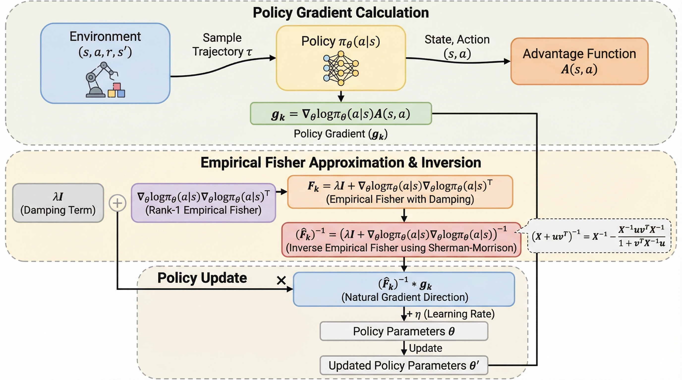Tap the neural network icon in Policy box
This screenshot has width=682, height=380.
[x=341, y=69]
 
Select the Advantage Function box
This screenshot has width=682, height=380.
[x=579, y=61]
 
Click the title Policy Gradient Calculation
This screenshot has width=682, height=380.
[x=341, y=12]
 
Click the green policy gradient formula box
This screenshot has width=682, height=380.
[x=341, y=114]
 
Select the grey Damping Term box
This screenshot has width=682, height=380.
[x=58, y=203]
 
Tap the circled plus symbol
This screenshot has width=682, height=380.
[x=117, y=203]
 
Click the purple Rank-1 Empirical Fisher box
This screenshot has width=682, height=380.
[x=203, y=203]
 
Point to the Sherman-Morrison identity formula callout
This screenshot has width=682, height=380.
[x=599, y=236]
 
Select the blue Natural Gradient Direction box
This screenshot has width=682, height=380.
[x=404, y=289]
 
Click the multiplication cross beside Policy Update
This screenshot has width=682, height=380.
[x=281, y=280]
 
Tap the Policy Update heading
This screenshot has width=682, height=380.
[x=202, y=278]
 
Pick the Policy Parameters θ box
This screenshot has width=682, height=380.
[x=404, y=331]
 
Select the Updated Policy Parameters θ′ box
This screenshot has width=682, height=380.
[x=404, y=365]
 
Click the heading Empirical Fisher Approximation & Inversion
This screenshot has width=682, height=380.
[x=341, y=162]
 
